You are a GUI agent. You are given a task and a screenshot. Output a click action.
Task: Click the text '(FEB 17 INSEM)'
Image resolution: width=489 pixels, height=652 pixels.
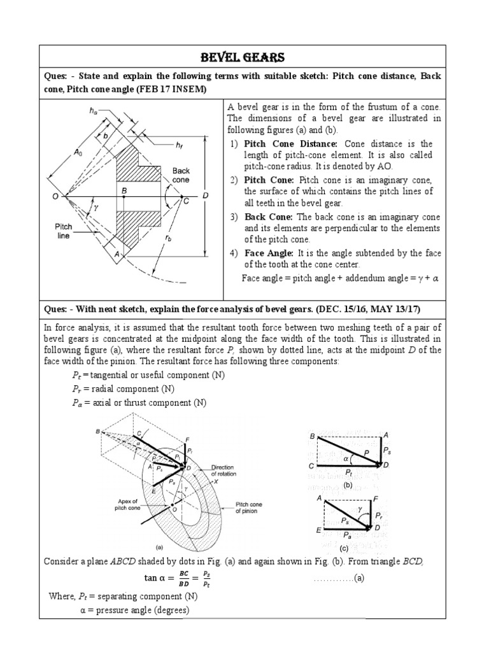click(x=168, y=89)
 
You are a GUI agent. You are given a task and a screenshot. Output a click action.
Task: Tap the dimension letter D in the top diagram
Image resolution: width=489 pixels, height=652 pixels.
click(x=205, y=196)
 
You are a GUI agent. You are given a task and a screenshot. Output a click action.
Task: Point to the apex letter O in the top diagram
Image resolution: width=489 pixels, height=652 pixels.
click(x=56, y=197)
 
